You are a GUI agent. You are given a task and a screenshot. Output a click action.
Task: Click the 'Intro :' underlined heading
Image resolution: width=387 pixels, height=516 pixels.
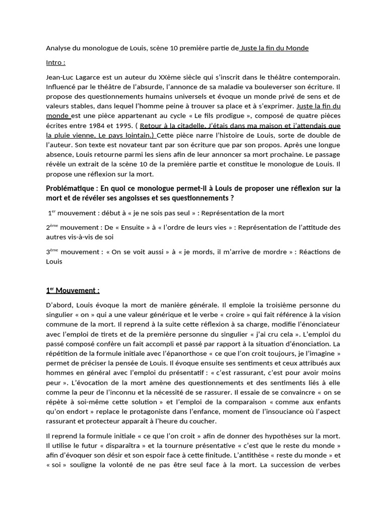55,62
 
